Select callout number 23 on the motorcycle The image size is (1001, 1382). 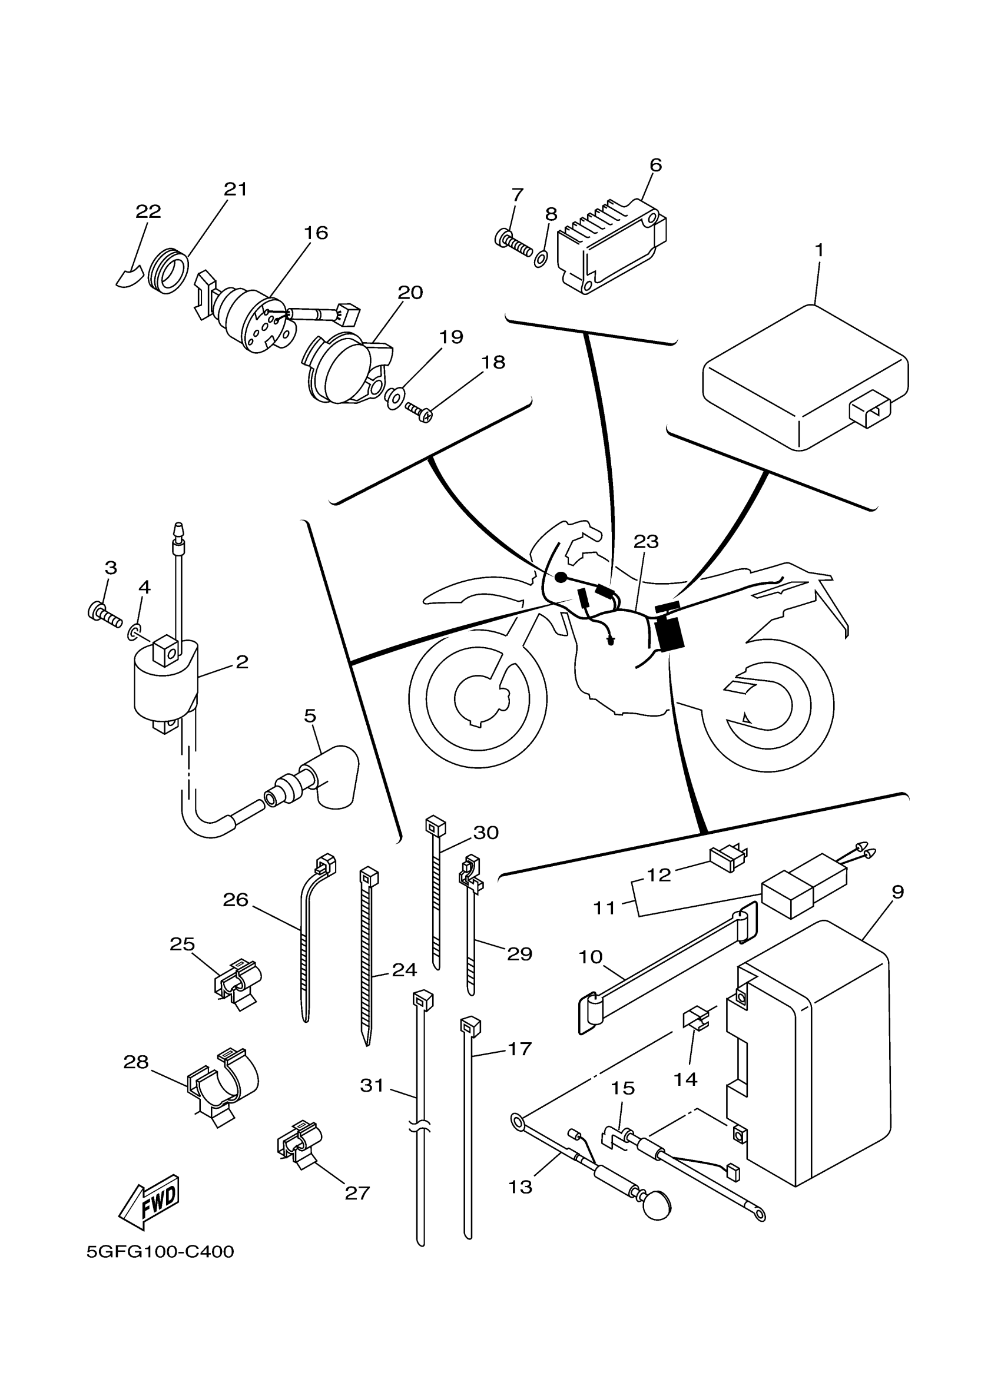[x=646, y=541]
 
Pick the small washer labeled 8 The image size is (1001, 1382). [x=541, y=258]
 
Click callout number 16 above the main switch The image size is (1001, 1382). [x=316, y=232]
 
